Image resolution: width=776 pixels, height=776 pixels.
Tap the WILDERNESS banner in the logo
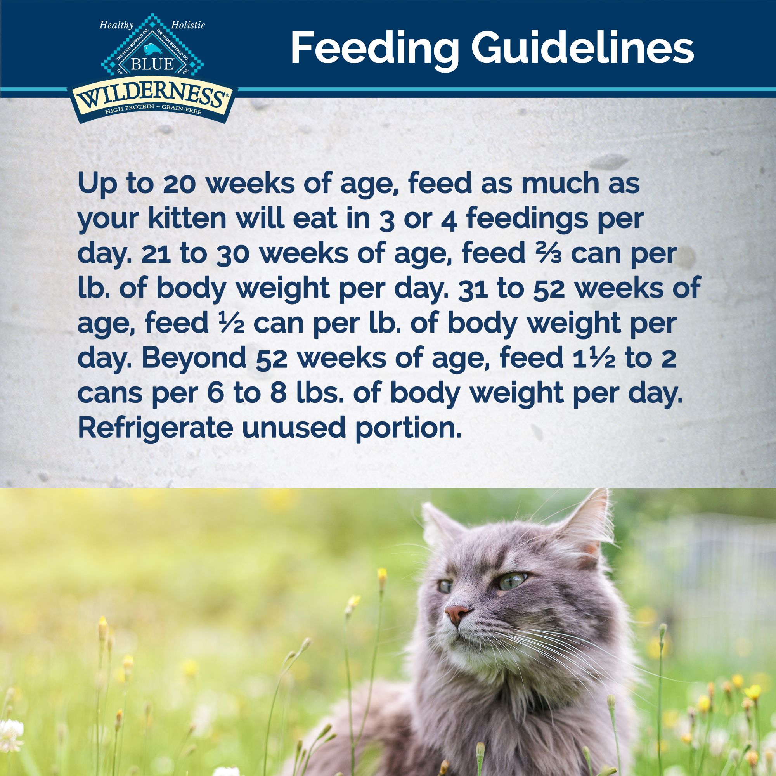[x=153, y=98]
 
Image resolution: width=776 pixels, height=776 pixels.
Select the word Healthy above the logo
[x=116, y=26]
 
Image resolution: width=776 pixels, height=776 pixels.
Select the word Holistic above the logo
[x=187, y=26]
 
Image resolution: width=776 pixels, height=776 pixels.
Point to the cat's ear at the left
[x=440, y=526]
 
